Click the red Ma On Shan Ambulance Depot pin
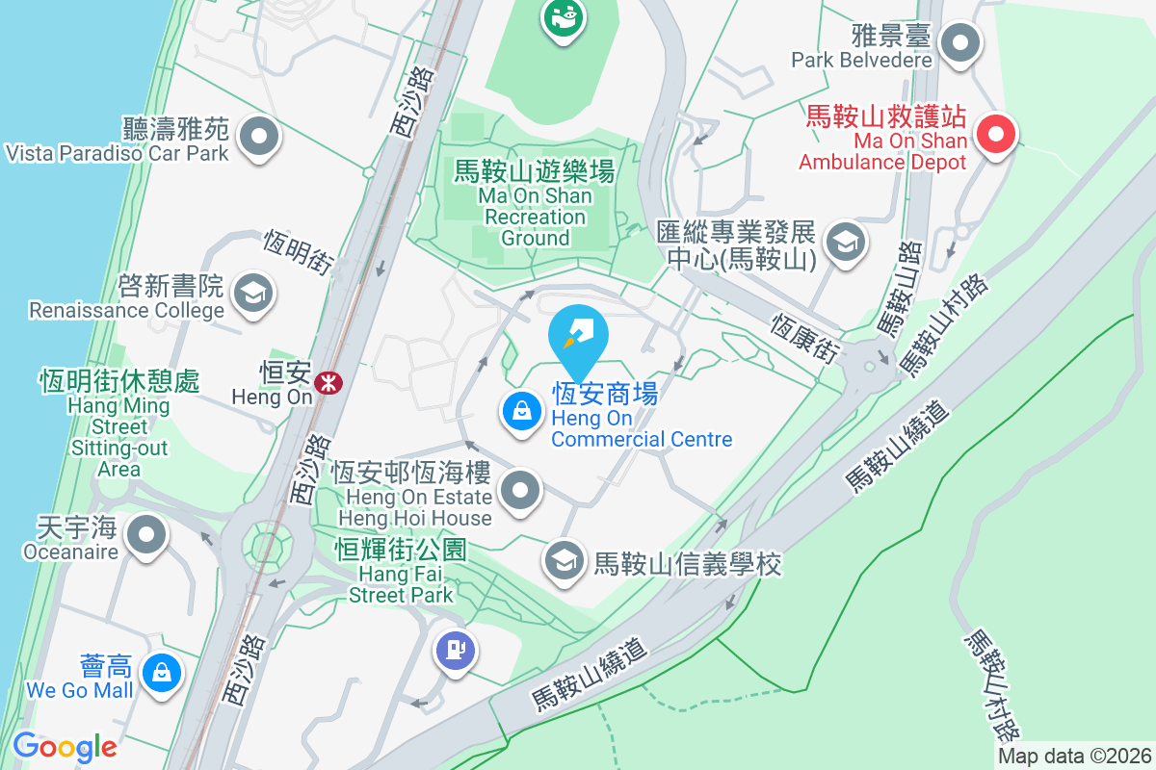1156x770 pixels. [996, 136]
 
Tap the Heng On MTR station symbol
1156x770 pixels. [329, 383]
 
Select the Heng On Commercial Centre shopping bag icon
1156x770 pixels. [521, 413]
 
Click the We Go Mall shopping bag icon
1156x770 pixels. [162, 673]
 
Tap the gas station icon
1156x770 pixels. [456, 651]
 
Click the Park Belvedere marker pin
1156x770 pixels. [959, 43]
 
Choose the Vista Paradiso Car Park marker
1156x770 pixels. [258, 137]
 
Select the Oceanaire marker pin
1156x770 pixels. [146, 535]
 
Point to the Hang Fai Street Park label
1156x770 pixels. [401, 572]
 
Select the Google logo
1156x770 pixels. [65, 746]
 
